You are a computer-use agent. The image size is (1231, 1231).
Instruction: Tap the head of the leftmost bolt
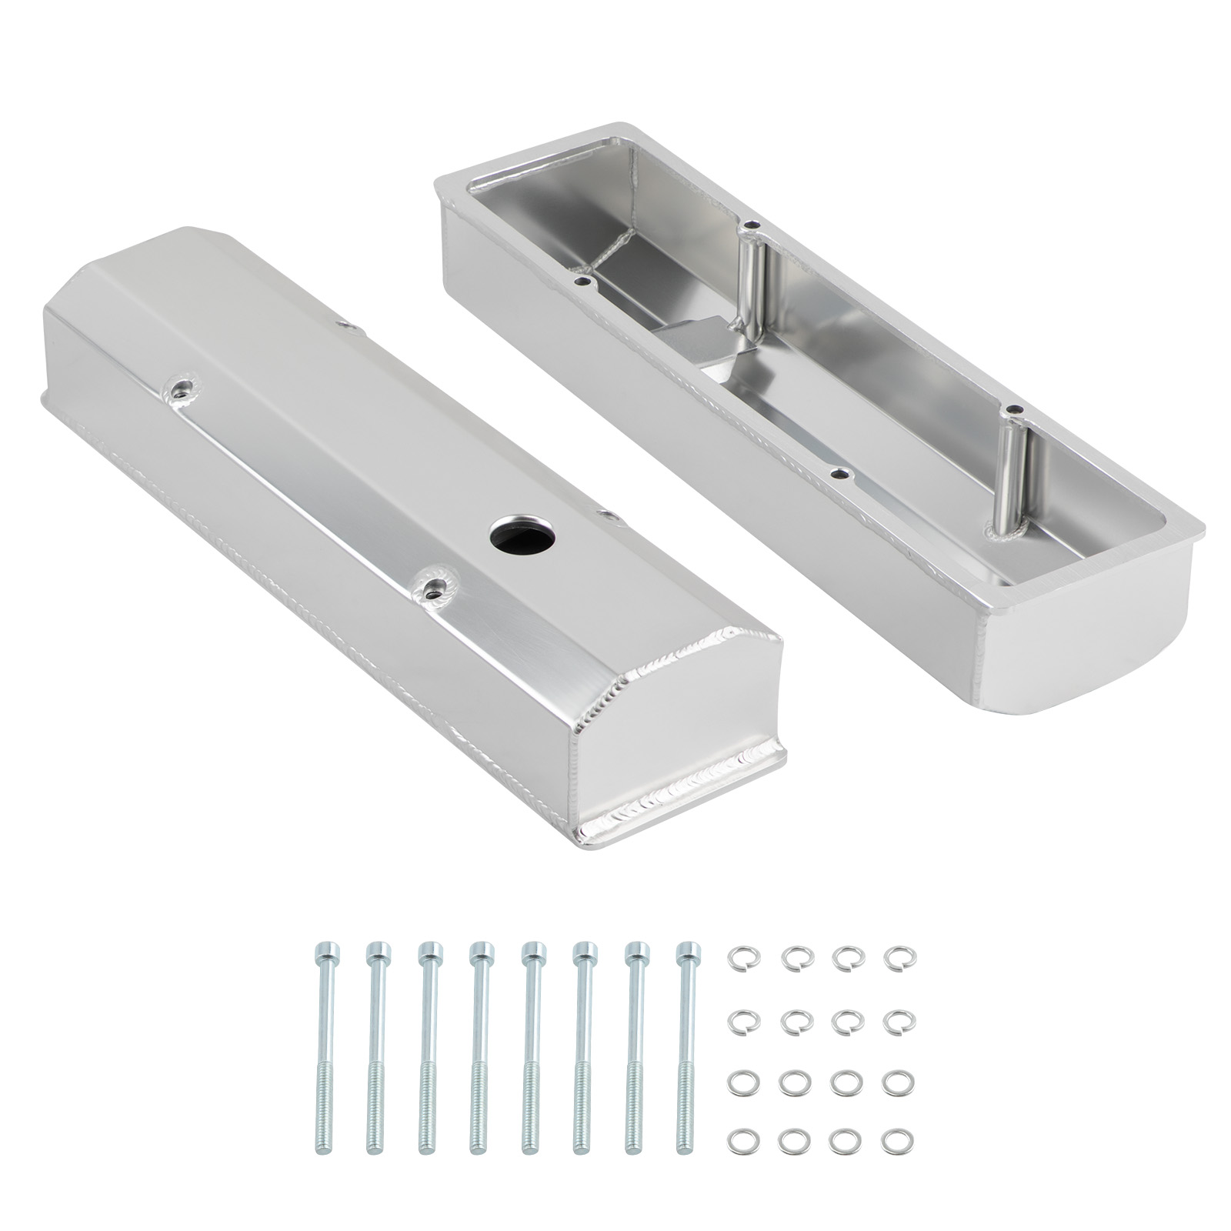point(324,952)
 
